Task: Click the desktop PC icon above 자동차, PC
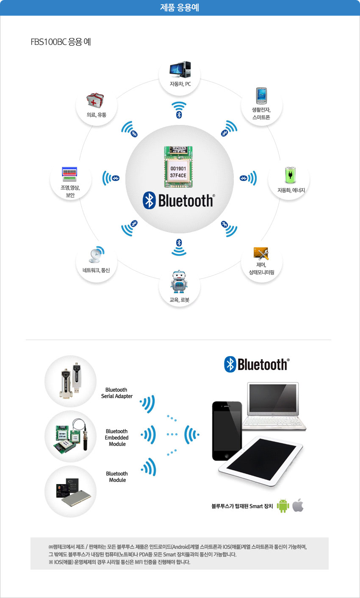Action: [x=180, y=69]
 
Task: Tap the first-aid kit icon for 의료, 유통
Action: [x=95, y=100]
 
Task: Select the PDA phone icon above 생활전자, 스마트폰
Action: [x=261, y=96]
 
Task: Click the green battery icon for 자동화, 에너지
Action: [x=290, y=175]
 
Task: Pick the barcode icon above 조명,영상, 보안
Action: [x=69, y=174]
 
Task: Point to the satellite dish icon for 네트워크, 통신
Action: [x=97, y=254]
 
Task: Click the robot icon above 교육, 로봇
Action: [x=179, y=281]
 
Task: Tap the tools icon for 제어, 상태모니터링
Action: [x=261, y=253]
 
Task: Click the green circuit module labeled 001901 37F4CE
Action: [x=178, y=166]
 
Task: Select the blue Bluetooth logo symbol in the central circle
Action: [x=149, y=200]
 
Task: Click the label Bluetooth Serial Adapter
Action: [x=117, y=393]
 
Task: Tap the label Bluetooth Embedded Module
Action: [x=117, y=437]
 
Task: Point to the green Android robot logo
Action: [x=283, y=505]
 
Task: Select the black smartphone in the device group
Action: [x=227, y=431]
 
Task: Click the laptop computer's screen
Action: [x=273, y=398]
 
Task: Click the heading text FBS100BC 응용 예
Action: [x=61, y=42]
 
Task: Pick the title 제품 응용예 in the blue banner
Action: [x=180, y=8]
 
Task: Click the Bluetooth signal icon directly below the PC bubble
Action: [x=179, y=110]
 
